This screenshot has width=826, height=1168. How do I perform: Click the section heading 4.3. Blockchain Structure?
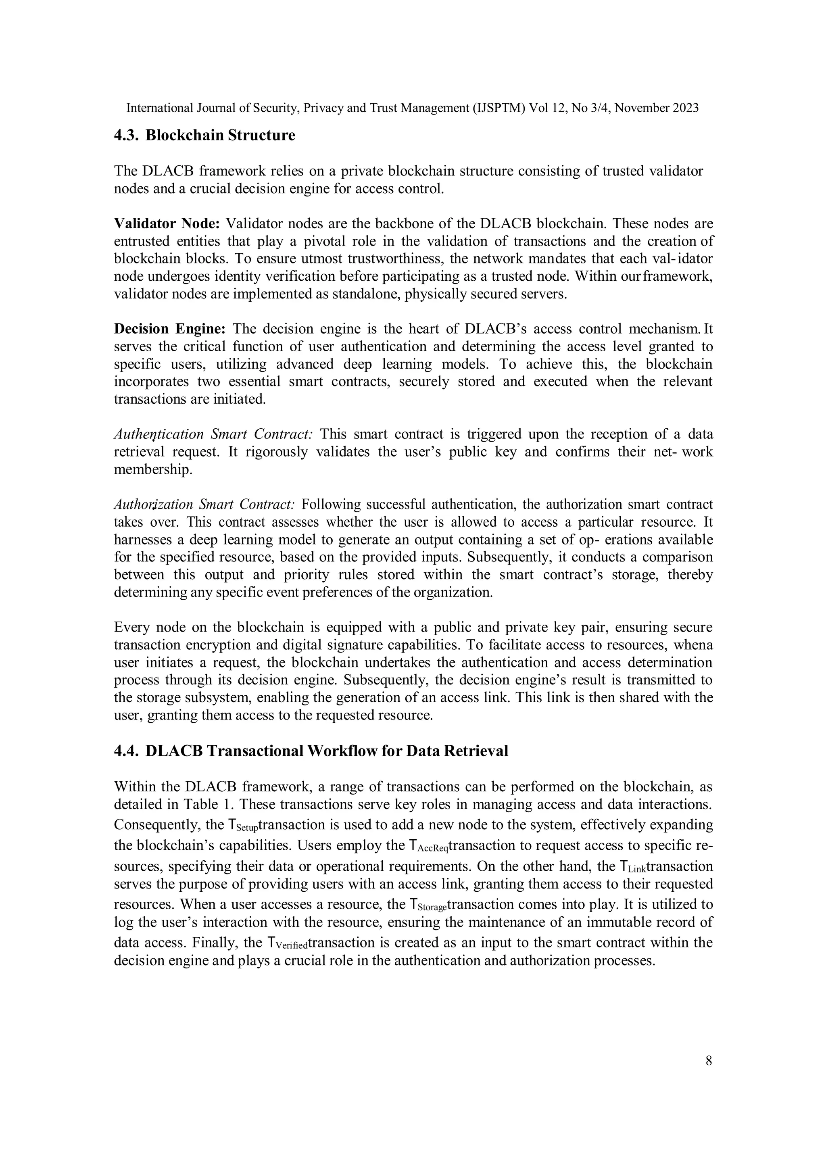204,136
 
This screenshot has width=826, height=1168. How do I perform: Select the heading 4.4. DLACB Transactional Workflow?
311,751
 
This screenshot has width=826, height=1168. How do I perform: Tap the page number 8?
709,1061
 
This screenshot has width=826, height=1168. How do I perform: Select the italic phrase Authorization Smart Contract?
204,505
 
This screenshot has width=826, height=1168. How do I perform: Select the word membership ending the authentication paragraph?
152,469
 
